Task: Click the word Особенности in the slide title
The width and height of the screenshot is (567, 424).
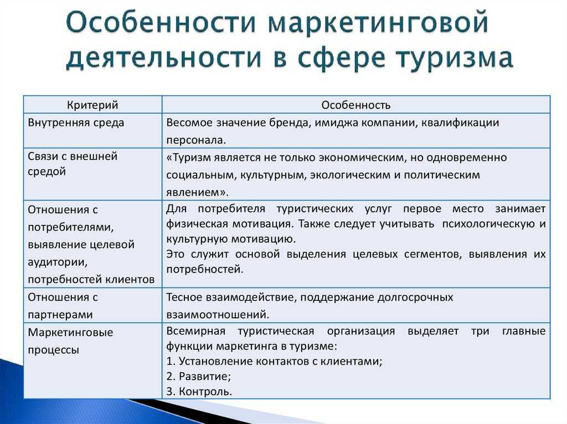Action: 161,23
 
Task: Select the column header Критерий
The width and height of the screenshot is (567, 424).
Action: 92,105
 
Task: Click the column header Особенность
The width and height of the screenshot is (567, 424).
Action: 356,105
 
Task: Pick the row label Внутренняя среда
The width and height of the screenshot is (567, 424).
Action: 76,123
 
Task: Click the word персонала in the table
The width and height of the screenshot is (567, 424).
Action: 196,140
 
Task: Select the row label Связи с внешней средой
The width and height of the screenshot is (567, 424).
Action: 73,164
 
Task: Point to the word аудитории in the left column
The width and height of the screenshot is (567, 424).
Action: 58,262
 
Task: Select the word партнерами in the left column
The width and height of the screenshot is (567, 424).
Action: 60,315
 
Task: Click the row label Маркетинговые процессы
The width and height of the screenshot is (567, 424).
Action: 70,341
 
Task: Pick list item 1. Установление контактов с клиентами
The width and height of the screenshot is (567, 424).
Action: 275,361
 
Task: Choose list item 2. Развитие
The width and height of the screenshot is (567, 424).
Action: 199,376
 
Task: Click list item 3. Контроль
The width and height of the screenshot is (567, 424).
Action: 199,391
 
